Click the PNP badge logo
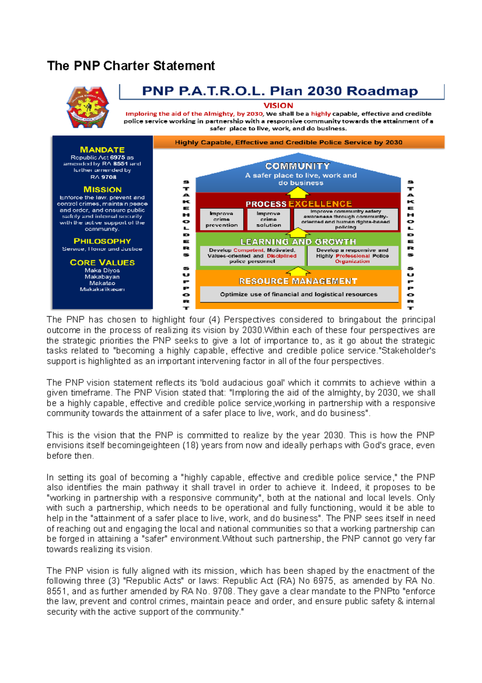point(88,107)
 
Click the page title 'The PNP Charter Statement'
point(131,66)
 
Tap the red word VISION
point(278,105)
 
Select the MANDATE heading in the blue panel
point(102,150)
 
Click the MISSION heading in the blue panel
point(102,189)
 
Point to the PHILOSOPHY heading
point(102,241)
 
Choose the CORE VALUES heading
point(102,262)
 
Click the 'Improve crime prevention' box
point(221,219)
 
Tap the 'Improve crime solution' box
point(268,219)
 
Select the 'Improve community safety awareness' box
point(345,219)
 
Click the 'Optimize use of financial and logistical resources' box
point(298,294)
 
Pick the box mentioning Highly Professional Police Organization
point(352,256)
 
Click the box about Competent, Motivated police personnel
point(252,256)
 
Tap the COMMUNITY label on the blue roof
point(297,166)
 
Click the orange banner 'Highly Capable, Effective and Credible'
point(298,142)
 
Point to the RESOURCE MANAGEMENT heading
point(298,281)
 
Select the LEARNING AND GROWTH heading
point(298,241)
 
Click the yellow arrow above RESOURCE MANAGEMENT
point(298,271)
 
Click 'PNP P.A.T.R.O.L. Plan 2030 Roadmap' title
point(280,91)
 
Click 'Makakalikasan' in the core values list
point(102,289)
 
